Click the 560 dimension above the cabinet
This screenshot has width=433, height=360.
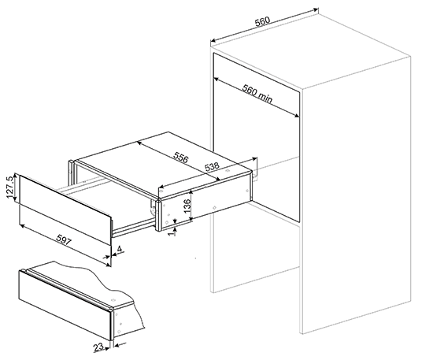pos(262,21)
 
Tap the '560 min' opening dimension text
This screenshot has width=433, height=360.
pos(257,93)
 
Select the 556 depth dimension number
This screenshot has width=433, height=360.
pos(181,157)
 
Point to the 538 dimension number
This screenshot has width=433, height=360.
pos(212,166)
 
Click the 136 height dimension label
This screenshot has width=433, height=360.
pos(187,206)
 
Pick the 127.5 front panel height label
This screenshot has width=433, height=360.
pos(10,187)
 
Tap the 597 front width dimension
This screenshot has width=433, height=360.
pos(64,239)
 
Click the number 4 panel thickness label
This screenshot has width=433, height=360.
pos(120,249)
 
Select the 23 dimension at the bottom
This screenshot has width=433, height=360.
pos(98,347)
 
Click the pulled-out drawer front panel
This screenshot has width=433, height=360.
pos(65,210)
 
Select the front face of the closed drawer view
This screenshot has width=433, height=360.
pos(65,306)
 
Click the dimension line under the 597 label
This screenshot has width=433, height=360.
pos(65,246)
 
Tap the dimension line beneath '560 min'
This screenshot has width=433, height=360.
pos(257,98)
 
